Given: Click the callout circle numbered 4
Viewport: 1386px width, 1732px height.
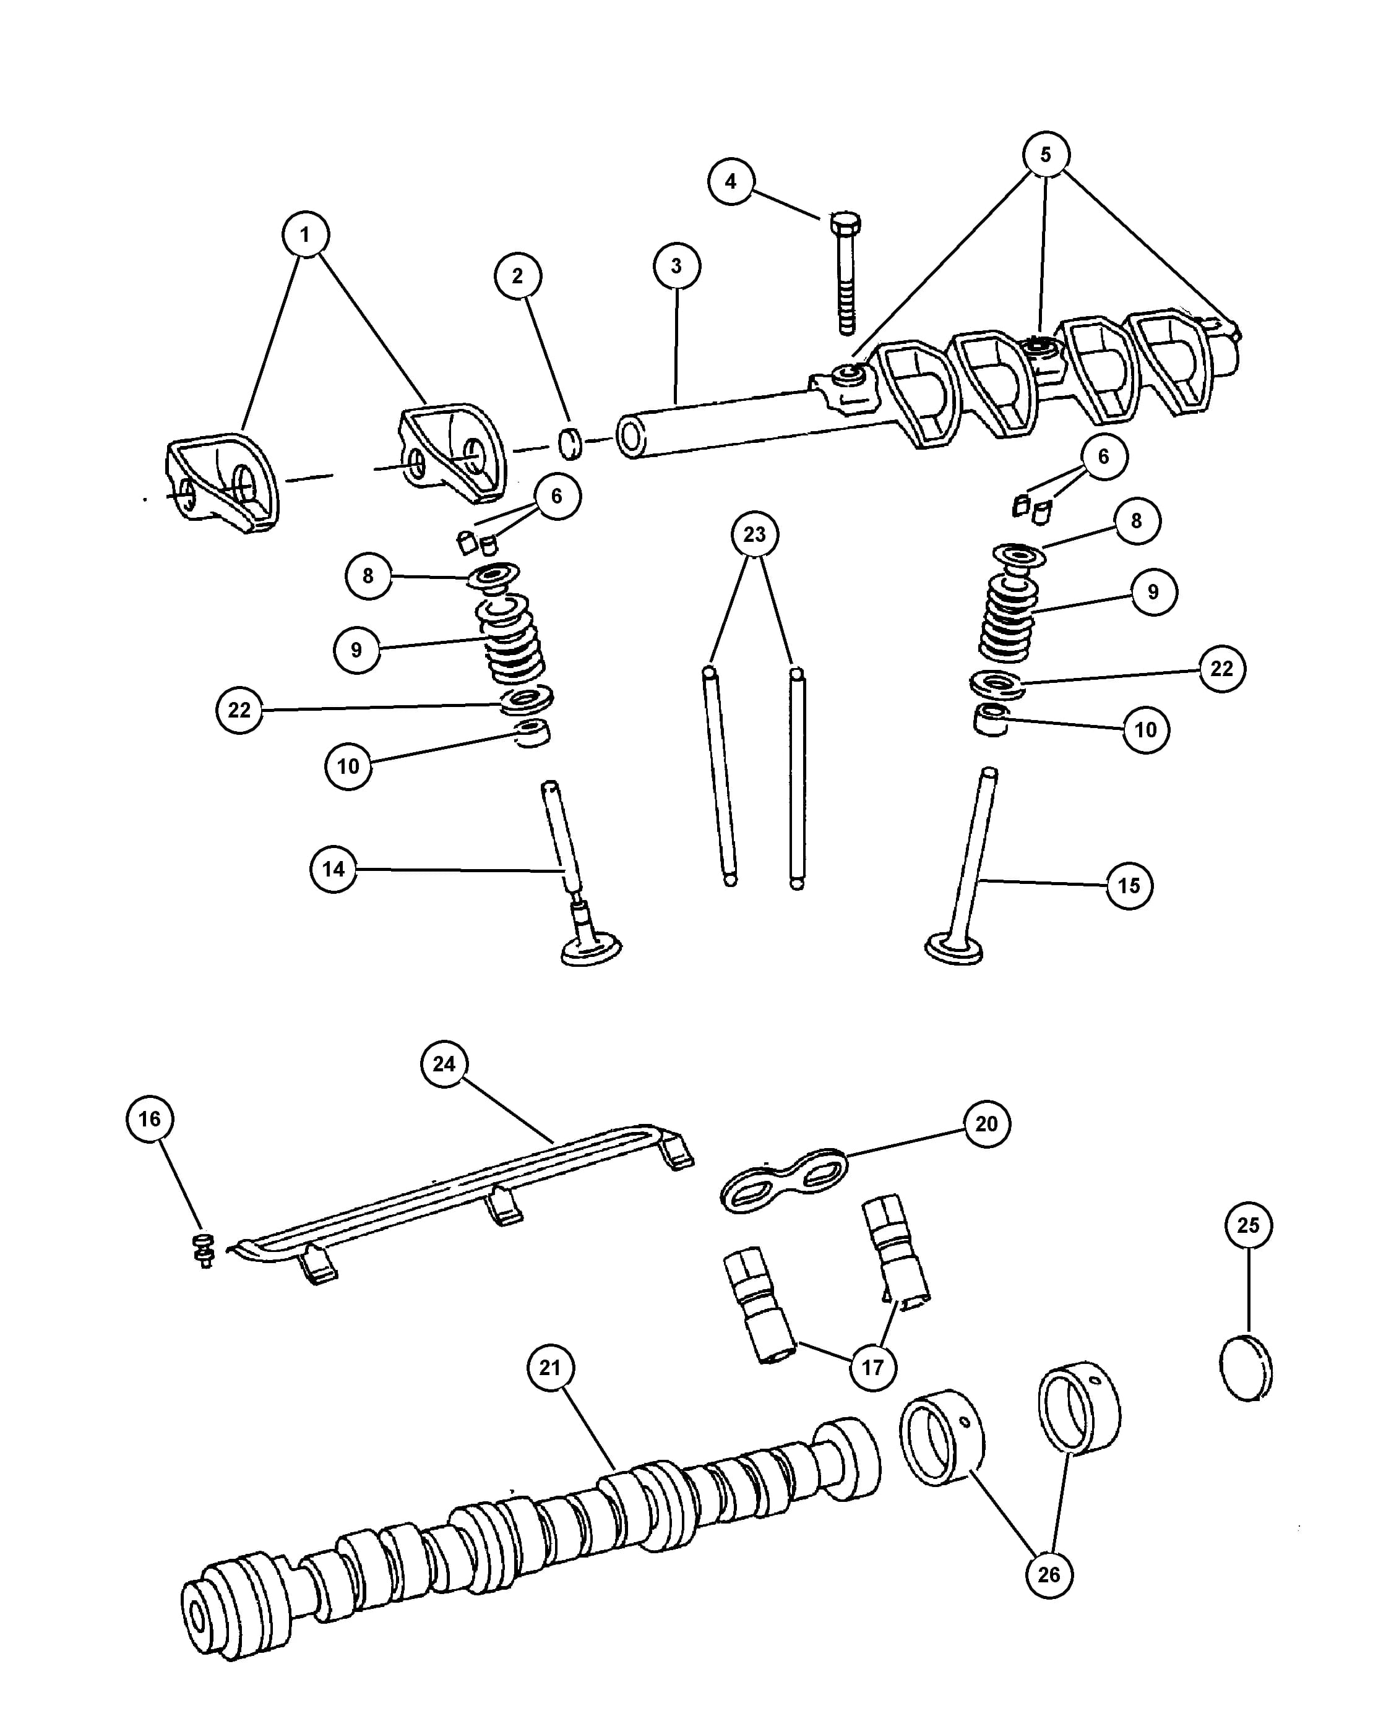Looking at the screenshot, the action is [730, 182].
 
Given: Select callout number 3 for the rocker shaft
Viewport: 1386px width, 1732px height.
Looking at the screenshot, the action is [676, 266].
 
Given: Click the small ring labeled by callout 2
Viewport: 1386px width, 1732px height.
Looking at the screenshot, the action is [570, 444].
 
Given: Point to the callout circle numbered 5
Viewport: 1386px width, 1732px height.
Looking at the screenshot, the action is [1045, 154].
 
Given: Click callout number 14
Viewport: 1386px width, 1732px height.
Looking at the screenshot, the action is [334, 869].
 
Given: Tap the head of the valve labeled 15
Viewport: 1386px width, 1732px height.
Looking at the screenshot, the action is [955, 946].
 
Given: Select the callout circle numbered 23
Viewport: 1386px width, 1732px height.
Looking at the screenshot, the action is [754, 534].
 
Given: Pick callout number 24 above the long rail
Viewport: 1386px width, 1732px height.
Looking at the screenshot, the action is [444, 1063].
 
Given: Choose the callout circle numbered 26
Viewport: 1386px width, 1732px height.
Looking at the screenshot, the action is [1049, 1574].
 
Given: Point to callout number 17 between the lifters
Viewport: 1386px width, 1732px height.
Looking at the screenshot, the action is [872, 1366].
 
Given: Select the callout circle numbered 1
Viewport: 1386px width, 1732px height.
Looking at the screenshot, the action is [304, 234].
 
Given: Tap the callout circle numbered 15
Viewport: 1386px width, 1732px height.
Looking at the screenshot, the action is [1129, 886].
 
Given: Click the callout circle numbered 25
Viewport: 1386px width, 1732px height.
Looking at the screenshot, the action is [1248, 1225].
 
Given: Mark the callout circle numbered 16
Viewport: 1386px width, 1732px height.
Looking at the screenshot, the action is [150, 1119].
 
